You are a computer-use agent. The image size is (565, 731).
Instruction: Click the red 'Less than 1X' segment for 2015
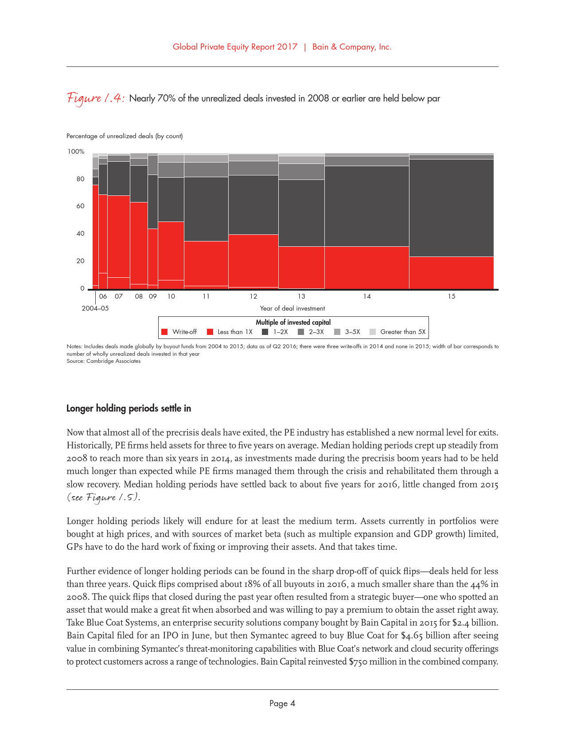451,272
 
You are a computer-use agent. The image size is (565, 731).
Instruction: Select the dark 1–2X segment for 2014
366,206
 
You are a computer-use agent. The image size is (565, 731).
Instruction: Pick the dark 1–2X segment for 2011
206,209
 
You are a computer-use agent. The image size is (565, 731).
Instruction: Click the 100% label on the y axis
76,152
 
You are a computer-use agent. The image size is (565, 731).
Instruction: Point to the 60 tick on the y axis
80,206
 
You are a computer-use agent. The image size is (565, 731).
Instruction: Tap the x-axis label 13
301,296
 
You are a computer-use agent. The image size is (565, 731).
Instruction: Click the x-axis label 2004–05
95,308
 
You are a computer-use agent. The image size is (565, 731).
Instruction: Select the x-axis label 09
152,296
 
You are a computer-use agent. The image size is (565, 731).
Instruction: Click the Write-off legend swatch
164,332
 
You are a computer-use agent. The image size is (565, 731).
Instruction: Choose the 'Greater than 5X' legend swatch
373,332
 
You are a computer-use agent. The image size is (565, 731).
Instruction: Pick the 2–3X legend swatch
301,332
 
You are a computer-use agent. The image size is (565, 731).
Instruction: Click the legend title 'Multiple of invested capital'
293,323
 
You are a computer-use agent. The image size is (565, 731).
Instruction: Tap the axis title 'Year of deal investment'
292,308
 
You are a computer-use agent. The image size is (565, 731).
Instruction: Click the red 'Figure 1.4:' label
96,98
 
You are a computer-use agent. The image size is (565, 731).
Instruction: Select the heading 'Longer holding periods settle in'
129,408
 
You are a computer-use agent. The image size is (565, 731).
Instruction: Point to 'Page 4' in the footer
282,703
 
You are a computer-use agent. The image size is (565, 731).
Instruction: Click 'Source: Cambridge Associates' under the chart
103,361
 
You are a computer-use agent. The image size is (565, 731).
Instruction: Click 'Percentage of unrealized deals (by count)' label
125,136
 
